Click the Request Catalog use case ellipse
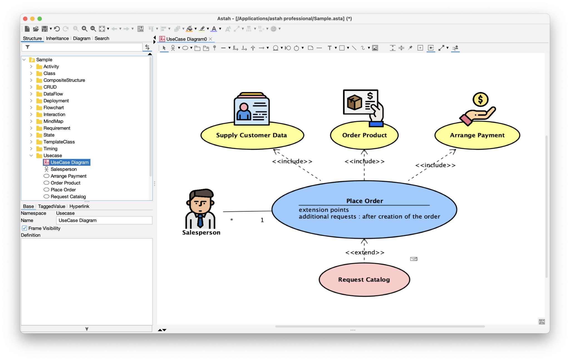click(x=364, y=280)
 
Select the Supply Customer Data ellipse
click(x=252, y=135)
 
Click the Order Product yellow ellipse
click(x=364, y=135)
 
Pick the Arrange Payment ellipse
click(x=477, y=135)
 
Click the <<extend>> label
click(x=365, y=253)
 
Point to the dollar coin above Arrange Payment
click(x=480, y=99)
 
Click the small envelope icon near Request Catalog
click(x=414, y=259)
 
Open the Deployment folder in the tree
click(x=56, y=101)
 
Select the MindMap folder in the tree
click(x=53, y=121)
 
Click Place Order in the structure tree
click(x=63, y=190)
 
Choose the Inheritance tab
click(x=57, y=38)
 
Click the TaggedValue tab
click(x=51, y=206)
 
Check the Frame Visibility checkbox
click(x=25, y=228)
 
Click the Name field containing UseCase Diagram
click(x=104, y=221)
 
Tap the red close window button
click(x=25, y=19)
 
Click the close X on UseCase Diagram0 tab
click(x=211, y=39)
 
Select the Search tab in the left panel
click(x=102, y=38)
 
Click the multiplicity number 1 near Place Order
click(x=262, y=220)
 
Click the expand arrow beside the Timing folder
click(x=31, y=149)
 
